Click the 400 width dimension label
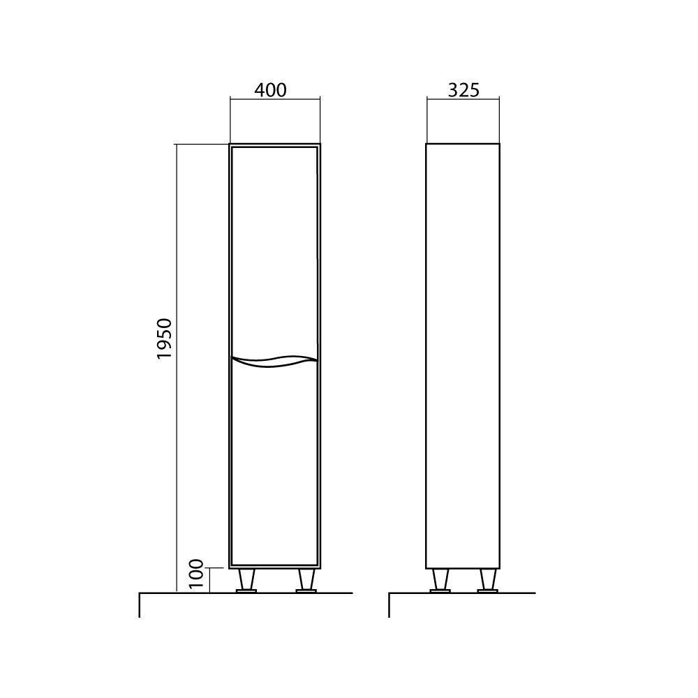[270, 90]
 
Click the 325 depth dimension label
[463, 90]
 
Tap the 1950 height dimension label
[164, 339]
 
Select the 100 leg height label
[196, 574]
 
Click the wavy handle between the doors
[274, 361]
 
